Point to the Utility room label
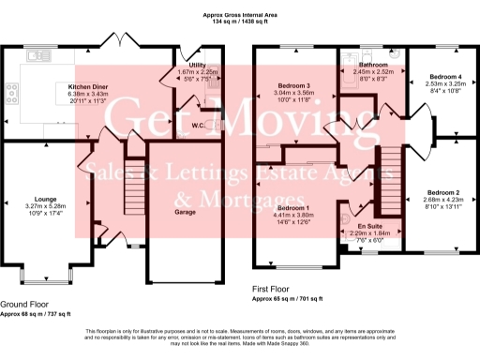(197, 65)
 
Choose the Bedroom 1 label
(294, 206)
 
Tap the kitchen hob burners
(14, 94)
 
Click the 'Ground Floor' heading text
(25, 305)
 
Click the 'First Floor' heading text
(274, 292)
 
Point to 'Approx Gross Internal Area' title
(239, 16)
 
